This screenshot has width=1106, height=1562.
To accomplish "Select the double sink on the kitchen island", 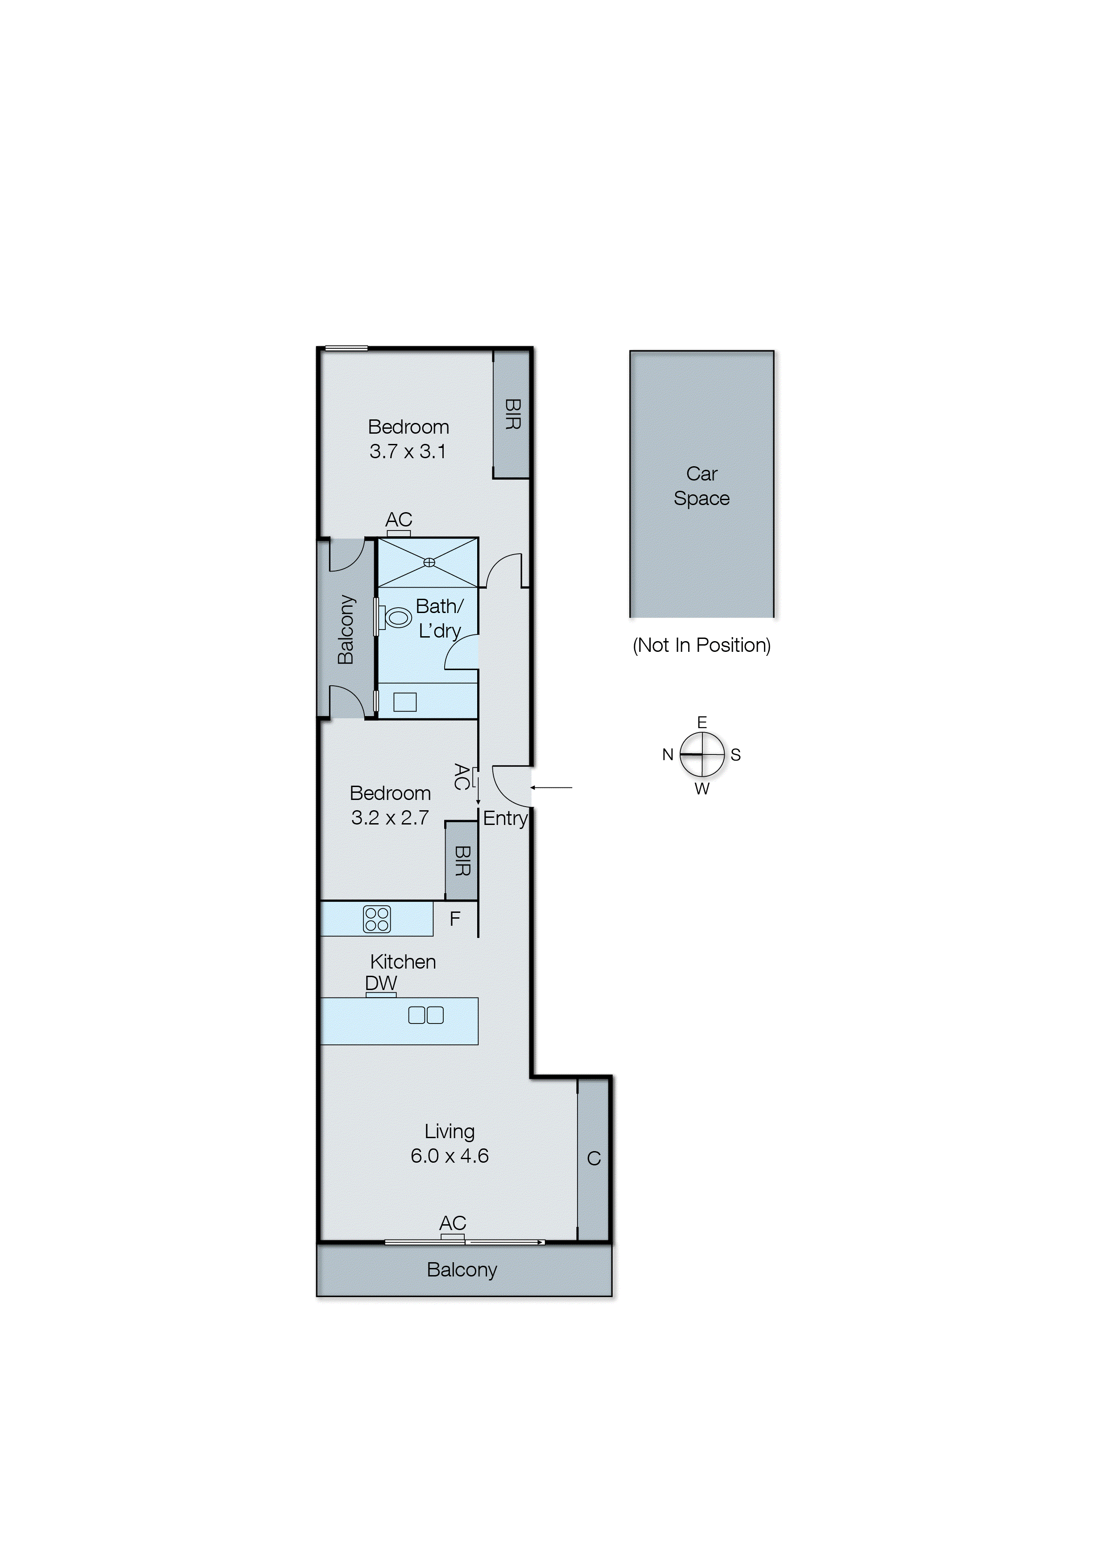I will pyautogui.click(x=425, y=1015).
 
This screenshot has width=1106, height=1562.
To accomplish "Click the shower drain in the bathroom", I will pyautogui.click(x=429, y=562).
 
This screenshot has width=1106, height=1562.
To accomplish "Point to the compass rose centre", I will pyautogui.click(x=702, y=755).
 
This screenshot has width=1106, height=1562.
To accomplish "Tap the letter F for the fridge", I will pyautogui.click(x=455, y=919).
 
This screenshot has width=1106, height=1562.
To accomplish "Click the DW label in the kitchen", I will pyautogui.click(x=381, y=983).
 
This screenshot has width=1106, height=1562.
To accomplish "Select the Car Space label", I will pyautogui.click(x=702, y=486).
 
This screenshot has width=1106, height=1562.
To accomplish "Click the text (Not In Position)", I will pyautogui.click(x=702, y=645).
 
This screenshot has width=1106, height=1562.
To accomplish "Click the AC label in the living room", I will pyautogui.click(x=453, y=1223).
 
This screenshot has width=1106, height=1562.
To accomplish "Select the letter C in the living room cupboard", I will pyautogui.click(x=594, y=1158).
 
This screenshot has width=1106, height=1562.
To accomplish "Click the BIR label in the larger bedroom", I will pyautogui.click(x=512, y=414).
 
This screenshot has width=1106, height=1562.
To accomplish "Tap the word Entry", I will pyautogui.click(x=505, y=818).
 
